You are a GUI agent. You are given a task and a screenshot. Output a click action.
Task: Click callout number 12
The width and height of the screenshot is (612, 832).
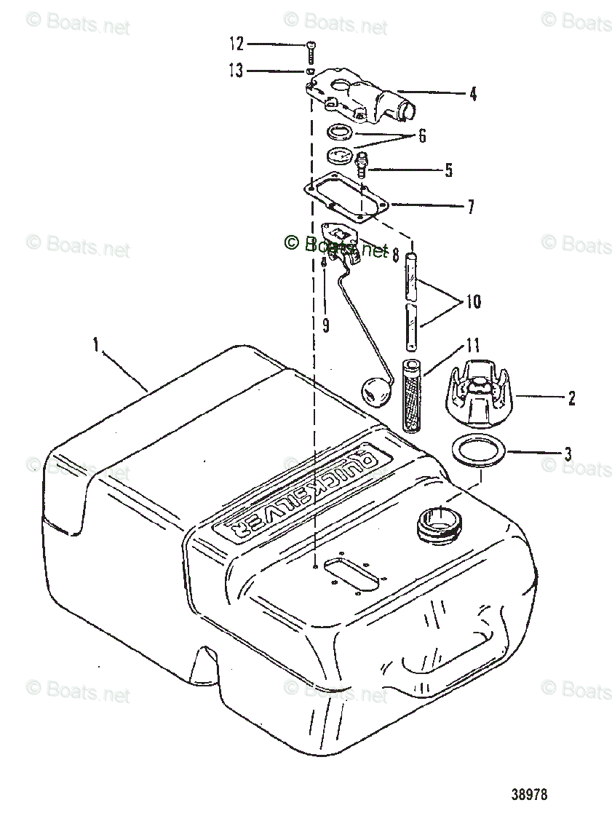coord(236,44)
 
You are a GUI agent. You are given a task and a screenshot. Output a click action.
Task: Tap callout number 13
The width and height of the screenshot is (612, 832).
coord(236,71)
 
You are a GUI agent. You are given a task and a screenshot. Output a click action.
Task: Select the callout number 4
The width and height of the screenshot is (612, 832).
coord(473,94)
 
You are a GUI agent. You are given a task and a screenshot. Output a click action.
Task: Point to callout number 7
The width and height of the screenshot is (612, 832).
coord(471,207)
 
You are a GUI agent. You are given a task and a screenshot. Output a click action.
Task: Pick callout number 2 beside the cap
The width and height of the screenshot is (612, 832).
coord(572,397)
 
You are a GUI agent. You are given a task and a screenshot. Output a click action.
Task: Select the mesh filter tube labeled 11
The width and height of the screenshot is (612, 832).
coord(413,394)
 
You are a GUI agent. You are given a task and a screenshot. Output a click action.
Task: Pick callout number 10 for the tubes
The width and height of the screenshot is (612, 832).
coord(473,301)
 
